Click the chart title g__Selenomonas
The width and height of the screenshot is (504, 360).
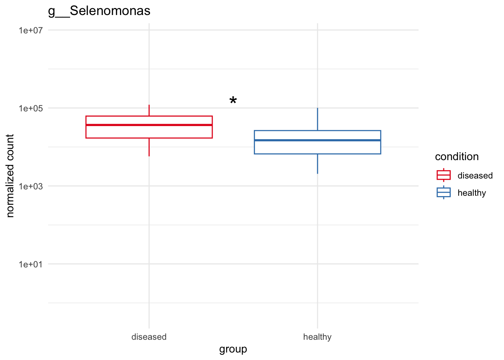[x=99, y=11]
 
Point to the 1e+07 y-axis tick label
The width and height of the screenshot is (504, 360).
[x=31, y=30]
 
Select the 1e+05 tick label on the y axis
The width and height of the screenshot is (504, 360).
[x=31, y=108]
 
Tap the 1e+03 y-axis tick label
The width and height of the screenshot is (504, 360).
[x=31, y=186]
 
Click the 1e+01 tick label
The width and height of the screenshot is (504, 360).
[x=31, y=264]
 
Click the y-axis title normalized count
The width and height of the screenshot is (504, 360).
[x=10, y=175]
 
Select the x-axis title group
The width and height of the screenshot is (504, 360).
[x=233, y=349]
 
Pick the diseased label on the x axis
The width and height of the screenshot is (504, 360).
[x=149, y=337]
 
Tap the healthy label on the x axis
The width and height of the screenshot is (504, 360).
[x=317, y=337]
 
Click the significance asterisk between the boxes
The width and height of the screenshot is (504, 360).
[x=233, y=100]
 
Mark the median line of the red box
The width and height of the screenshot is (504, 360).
[x=149, y=125]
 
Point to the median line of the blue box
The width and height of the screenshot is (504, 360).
[x=317, y=140]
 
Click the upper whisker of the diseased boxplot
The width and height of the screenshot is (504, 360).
[x=149, y=111]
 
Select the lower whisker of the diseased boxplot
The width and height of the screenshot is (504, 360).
[x=149, y=147]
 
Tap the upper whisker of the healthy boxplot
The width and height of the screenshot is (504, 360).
[x=317, y=119]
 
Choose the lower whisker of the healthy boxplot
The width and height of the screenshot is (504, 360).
[x=317, y=163]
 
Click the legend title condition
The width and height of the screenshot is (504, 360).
[x=457, y=157]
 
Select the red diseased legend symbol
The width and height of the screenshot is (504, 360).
[x=444, y=175]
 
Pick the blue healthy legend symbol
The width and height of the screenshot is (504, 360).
[x=444, y=192]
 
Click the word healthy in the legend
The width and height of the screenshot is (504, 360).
[x=472, y=193]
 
